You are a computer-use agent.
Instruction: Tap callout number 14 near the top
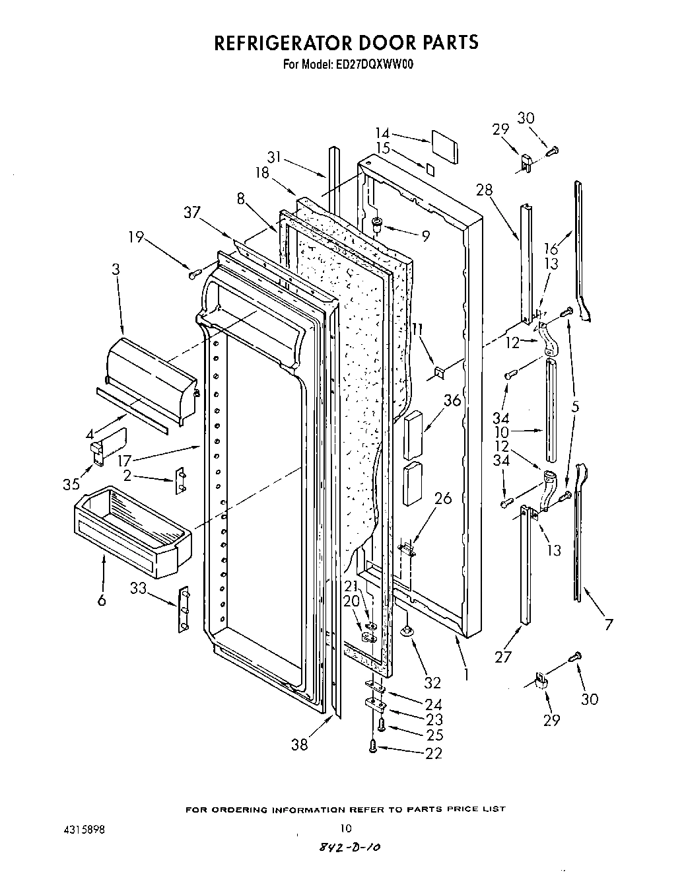click(x=383, y=133)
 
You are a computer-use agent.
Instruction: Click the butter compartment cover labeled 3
click(x=150, y=379)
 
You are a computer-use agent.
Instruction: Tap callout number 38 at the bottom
click(x=299, y=744)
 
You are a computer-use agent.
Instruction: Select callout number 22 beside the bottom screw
click(x=434, y=753)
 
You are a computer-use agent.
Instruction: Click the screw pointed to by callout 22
click(x=373, y=746)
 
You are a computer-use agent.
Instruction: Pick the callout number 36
click(x=452, y=400)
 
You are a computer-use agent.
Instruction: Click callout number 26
click(x=443, y=498)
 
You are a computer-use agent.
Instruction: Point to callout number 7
click(x=609, y=624)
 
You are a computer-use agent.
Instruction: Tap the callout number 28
click(x=485, y=191)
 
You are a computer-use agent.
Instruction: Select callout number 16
click(x=551, y=248)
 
